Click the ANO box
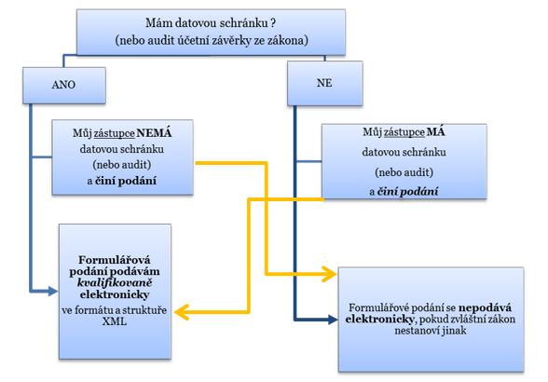click(64, 86)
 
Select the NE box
click(325, 83)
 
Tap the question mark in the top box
click(272, 23)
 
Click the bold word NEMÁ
click(154, 133)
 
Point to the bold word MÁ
click(436, 131)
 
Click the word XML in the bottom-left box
click(115, 321)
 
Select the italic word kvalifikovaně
click(115, 282)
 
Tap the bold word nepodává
click(485, 307)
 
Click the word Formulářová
click(115, 260)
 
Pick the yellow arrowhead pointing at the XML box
click(181, 312)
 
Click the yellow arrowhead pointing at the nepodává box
click(330, 274)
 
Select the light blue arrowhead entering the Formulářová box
click(53, 291)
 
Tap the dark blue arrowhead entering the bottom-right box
click(333, 319)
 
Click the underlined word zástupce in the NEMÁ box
click(114, 133)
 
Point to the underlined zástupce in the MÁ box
click(404, 132)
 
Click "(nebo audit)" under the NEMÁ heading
click(122, 165)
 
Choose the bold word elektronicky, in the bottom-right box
click(379, 319)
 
